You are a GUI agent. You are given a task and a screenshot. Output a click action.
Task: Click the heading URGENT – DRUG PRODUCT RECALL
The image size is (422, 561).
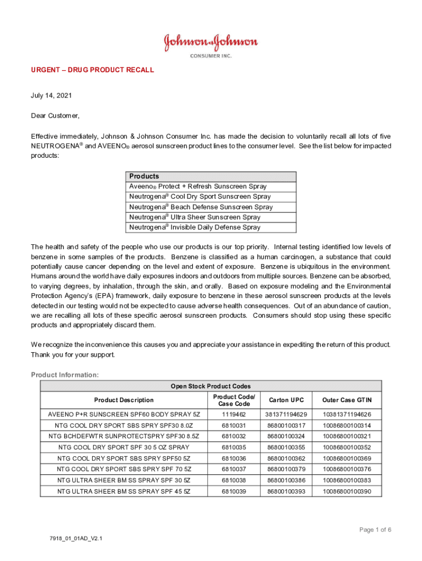(93, 70)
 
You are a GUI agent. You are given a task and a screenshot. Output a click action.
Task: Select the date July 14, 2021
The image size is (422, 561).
(51, 95)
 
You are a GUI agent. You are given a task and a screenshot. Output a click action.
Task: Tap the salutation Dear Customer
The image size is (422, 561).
(55, 116)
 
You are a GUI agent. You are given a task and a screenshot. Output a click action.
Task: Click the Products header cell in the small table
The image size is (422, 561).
(144, 176)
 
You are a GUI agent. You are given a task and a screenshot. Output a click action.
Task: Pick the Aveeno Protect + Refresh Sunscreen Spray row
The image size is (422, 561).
(198, 186)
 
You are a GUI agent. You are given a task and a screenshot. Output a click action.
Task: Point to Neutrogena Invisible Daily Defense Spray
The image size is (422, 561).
(195, 227)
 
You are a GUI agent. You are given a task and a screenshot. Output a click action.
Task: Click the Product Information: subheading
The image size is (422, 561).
(65, 375)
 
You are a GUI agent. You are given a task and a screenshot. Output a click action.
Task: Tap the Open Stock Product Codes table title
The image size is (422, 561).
(210, 386)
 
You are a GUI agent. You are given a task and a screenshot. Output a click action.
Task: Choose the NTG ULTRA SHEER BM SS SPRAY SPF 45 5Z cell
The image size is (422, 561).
(124, 491)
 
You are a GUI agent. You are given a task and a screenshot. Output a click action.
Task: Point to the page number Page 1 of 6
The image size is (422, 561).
(375, 530)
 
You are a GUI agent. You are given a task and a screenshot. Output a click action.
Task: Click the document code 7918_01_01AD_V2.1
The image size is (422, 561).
(76, 539)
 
